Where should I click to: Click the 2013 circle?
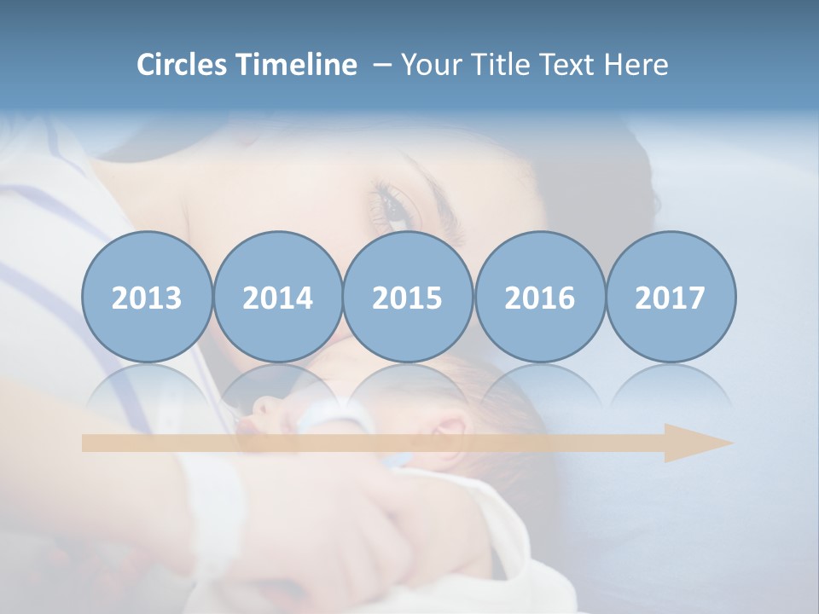(147, 297)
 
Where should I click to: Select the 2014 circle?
(277, 297)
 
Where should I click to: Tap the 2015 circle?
(408, 297)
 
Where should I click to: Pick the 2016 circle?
(539, 297)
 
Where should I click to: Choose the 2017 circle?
(670, 297)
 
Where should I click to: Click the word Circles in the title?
(182, 64)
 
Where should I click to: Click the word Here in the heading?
(636, 64)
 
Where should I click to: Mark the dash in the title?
(380, 66)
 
